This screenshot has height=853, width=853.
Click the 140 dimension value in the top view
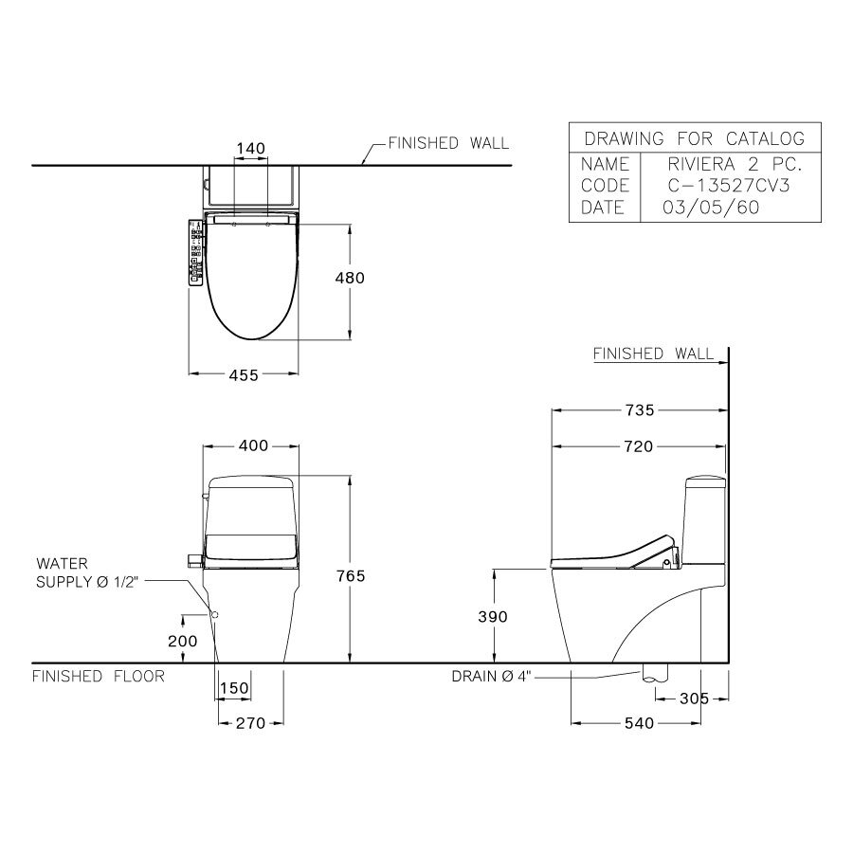pyautogui.click(x=250, y=148)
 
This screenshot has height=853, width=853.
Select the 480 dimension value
pyautogui.click(x=349, y=279)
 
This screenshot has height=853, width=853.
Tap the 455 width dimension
pyautogui.click(x=244, y=375)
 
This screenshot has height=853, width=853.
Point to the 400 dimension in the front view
pyautogui.click(x=252, y=445)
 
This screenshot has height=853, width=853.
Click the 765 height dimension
pyautogui.click(x=350, y=575)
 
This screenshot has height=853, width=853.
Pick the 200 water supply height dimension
pyautogui.click(x=182, y=642)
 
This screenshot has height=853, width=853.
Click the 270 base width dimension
pyautogui.click(x=250, y=723)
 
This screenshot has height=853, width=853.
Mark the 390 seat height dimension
pyautogui.click(x=493, y=617)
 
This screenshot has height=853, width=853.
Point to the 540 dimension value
pyautogui.click(x=639, y=723)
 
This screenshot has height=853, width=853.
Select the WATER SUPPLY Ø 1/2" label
pyautogui.click(x=87, y=572)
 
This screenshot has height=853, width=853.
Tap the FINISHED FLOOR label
pyautogui.click(x=99, y=677)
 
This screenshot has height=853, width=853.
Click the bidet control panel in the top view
pyautogui.click(x=196, y=251)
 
